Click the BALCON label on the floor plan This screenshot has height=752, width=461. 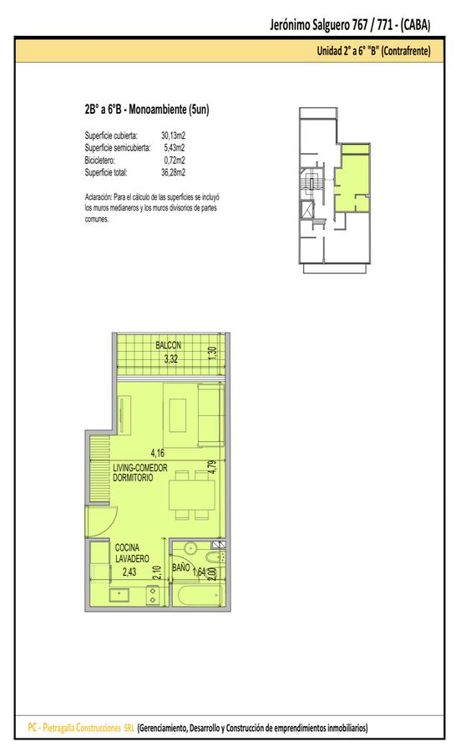(168, 345)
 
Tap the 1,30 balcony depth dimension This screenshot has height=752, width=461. (213, 353)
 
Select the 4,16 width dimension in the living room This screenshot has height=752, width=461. (157, 452)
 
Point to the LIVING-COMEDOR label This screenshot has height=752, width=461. (140, 468)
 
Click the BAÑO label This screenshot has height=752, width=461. (180, 568)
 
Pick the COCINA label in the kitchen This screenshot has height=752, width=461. (127, 547)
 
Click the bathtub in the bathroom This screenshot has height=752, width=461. (200, 596)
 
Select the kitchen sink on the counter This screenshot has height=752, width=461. (119, 595)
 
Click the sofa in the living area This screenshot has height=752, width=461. (210, 415)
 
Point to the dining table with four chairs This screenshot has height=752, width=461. (192, 495)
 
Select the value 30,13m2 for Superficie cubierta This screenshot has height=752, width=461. (173, 135)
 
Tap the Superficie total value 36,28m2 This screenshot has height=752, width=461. (173, 173)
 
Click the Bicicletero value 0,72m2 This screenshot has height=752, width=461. (175, 160)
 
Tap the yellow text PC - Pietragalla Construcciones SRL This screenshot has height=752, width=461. (81, 728)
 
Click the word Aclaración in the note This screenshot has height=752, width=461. (99, 197)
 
